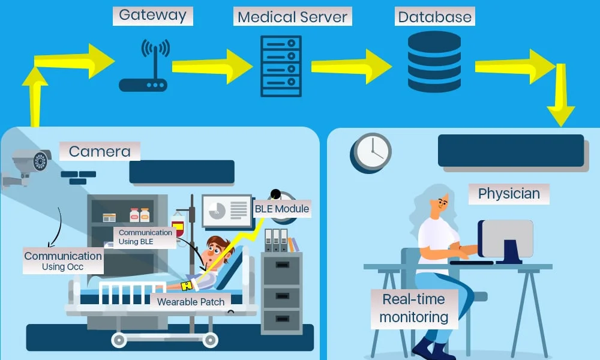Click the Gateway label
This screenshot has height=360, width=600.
pos(153,15)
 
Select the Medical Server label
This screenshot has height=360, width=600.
pos(292,16)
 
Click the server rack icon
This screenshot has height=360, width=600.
pos(281,66)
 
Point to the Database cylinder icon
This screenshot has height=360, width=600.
pos(434,62)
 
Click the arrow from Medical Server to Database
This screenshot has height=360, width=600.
pos(351,66)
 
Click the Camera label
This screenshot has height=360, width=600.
pos(100,151)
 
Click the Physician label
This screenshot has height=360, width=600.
pos(509,194)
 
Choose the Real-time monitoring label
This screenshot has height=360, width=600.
pos(413,308)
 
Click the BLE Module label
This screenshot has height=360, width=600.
pos(282,209)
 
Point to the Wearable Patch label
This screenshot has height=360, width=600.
pos(191,302)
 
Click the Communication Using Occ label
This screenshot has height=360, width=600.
pos(63,261)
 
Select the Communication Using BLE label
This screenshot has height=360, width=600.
pos(145,237)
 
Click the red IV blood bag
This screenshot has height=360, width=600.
pos(178,226)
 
